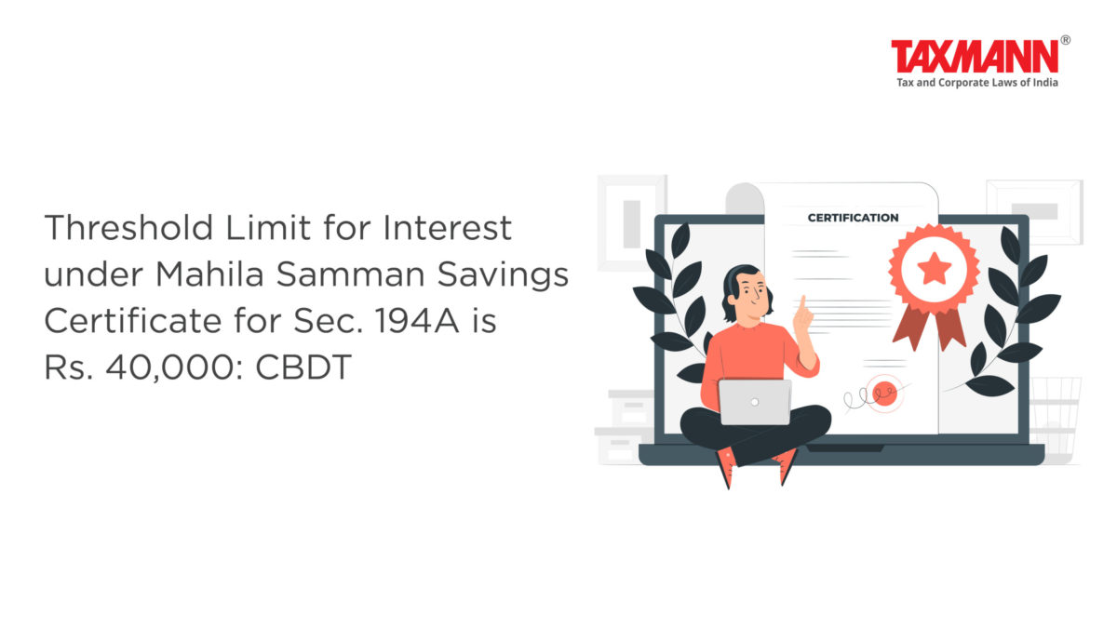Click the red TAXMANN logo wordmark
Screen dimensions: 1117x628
coord(975,57)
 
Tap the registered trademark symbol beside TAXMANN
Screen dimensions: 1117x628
coord(1065,40)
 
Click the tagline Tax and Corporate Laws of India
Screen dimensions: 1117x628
coord(977,83)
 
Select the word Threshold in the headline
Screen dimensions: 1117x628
coord(128,228)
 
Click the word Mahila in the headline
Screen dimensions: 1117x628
coord(209,274)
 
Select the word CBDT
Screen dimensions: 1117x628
coord(303,367)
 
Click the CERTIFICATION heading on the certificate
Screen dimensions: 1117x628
coord(854,218)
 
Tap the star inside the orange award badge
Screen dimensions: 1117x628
coord(934,268)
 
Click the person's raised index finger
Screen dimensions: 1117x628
coord(802,305)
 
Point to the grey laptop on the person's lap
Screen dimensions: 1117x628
coord(755,402)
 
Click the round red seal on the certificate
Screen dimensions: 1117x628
coord(884,394)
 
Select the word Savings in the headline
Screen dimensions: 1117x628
coord(504,275)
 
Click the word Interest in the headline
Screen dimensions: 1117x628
coord(448,228)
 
